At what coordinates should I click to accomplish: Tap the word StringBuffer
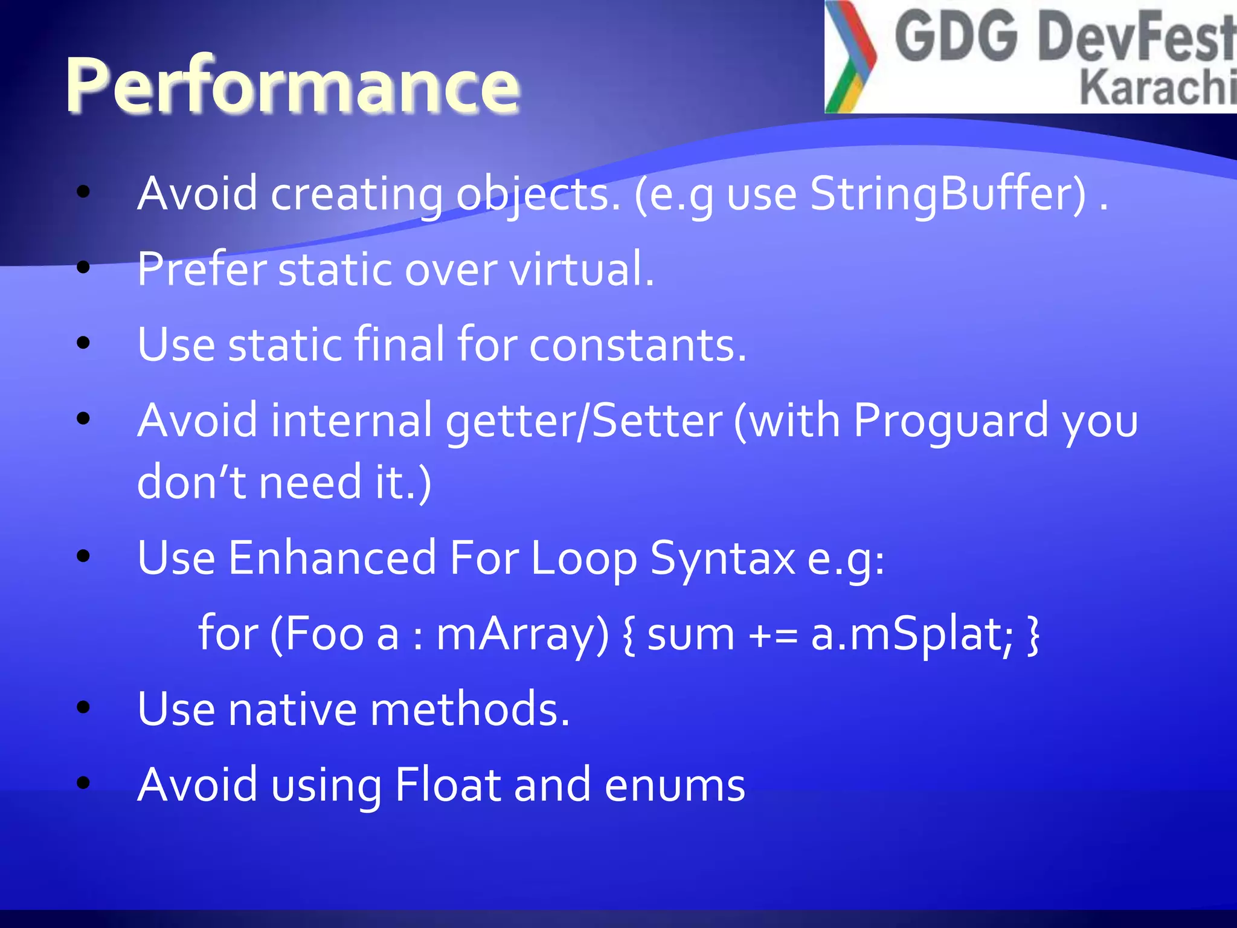[x=948, y=195]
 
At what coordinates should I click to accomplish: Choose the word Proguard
[x=951, y=420]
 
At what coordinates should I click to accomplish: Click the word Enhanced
[x=332, y=558]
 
